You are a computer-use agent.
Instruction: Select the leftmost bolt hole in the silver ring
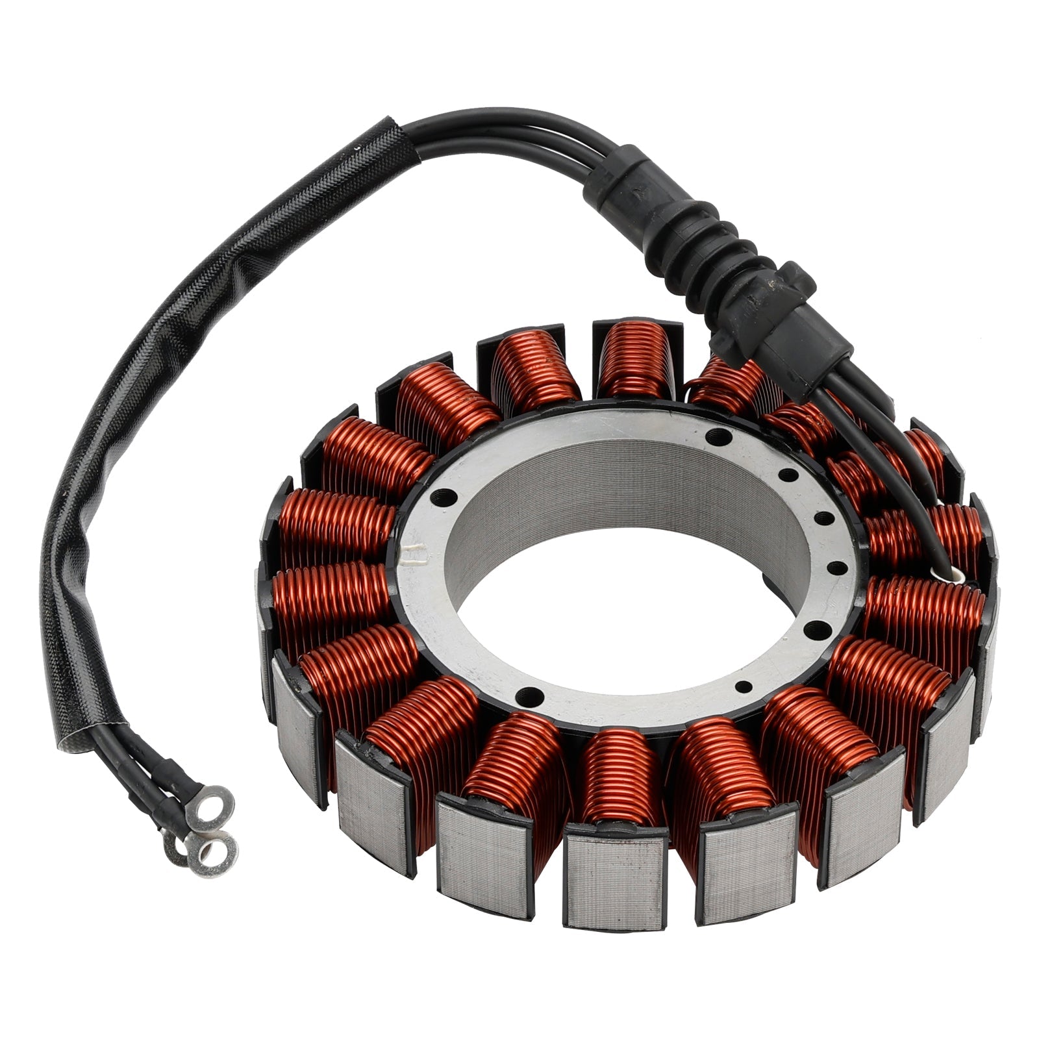(x=431, y=492)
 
